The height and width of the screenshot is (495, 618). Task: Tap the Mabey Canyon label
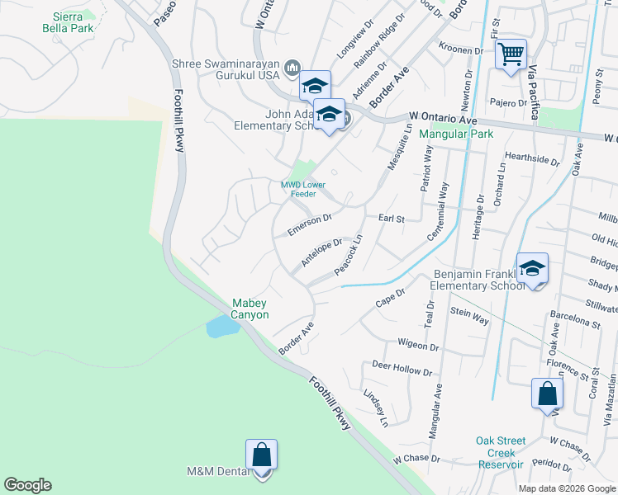coord(250,309)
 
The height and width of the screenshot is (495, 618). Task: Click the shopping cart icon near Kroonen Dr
coord(511,55)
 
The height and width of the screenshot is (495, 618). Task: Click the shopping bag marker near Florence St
coord(547,394)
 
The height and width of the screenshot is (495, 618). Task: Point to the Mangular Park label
coord(455,134)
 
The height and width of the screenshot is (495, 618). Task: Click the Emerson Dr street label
coord(309,225)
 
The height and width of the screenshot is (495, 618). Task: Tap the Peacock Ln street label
coord(349,256)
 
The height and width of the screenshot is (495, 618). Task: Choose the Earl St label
coord(391,219)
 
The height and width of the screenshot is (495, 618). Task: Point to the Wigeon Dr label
coord(416,342)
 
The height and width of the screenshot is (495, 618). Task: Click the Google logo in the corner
coord(27,485)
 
